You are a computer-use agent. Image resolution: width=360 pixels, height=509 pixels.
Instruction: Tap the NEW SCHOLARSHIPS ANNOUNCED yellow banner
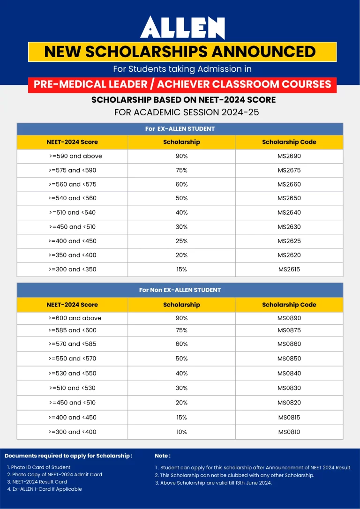point(182,52)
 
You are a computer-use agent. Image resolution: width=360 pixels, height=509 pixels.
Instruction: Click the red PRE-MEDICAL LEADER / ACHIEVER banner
point(182,84)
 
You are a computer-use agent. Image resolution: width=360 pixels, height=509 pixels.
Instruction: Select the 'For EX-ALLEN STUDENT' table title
point(180,129)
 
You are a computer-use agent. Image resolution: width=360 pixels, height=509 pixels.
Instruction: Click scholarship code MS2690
point(289,156)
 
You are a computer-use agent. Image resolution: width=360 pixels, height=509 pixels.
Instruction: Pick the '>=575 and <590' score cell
point(72,170)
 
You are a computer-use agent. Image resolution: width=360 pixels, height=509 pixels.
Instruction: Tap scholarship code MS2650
point(289,198)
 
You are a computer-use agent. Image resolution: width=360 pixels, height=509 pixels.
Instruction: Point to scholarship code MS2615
point(289,269)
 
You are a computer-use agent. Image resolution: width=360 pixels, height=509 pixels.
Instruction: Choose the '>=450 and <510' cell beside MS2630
point(72,227)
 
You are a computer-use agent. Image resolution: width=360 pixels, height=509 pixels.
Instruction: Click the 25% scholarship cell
point(181,241)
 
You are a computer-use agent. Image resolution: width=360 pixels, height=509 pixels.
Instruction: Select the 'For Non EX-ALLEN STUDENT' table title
point(180,290)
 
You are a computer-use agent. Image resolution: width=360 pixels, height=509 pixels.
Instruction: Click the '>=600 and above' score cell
point(75,318)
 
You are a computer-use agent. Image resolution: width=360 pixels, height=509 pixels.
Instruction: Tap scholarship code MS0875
point(289,330)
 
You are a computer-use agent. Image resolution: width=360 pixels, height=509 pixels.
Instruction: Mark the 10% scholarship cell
point(181,432)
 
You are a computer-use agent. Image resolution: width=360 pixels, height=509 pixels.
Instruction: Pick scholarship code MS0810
point(289,432)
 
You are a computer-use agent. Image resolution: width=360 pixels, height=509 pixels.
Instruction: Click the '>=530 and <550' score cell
point(72,374)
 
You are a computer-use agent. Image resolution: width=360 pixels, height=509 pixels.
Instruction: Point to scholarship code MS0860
point(289,344)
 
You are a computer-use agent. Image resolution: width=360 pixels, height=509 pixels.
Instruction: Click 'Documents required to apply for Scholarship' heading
point(68,456)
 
